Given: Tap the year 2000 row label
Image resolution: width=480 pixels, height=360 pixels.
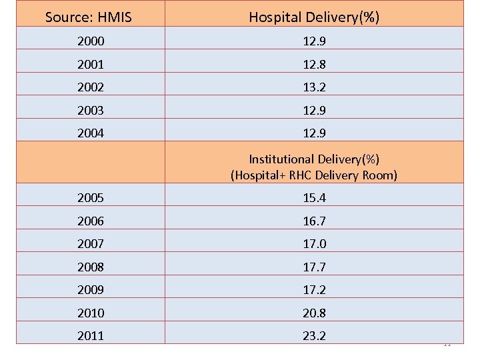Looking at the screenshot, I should point(90,41).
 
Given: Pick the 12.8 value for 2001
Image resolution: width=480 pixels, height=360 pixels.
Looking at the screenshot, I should point(314,65).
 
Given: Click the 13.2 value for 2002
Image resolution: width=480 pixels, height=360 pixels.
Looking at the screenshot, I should point(314,87).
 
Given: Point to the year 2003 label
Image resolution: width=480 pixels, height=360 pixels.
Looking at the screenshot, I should point(90,110).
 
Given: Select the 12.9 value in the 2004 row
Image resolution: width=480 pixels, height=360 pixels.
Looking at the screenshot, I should point(314,133).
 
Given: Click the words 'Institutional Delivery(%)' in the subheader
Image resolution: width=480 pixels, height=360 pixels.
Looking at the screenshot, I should point(314,159).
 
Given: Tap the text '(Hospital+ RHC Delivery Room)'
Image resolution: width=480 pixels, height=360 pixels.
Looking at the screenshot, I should point(314,175).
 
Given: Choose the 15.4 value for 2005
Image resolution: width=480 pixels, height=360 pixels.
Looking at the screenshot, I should point(314,198).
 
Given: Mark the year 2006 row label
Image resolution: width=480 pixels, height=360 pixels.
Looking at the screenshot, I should point(90,221).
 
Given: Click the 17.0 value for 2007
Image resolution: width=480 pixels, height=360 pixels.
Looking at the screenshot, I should point(314,244).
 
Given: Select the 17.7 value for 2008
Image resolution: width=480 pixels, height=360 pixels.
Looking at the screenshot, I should point(314,267).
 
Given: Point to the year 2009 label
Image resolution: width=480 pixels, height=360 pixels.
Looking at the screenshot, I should point(90,290).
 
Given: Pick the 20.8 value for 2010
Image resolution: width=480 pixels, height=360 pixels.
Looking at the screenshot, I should point(314,313).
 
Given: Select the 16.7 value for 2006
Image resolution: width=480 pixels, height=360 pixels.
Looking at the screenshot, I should point(314,221).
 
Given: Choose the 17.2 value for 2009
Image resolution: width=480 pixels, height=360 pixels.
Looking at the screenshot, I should point(314,290).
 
